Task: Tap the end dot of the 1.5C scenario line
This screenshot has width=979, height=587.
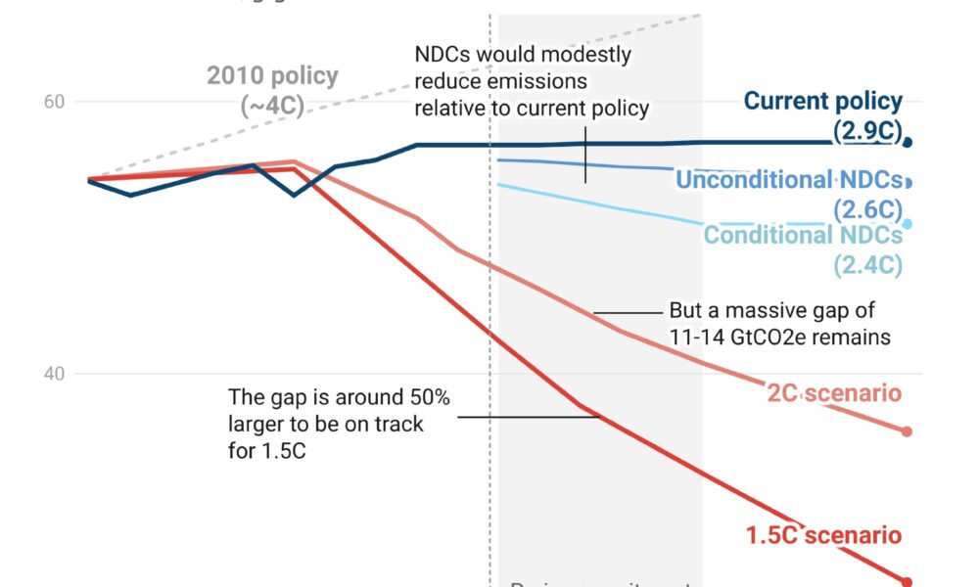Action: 907,581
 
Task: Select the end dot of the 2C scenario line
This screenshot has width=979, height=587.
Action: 907,431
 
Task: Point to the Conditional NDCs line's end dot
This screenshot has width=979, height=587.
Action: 908,224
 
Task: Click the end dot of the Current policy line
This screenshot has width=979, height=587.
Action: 908,142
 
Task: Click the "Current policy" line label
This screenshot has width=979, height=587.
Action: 823,101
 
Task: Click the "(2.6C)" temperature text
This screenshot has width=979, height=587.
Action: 867,209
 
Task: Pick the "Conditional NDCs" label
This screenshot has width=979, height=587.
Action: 803,236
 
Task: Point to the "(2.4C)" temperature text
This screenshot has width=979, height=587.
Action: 867,264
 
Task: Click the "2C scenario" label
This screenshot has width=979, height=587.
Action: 834,393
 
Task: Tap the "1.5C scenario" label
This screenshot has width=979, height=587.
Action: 823,535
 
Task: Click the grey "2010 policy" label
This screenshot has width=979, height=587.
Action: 272,75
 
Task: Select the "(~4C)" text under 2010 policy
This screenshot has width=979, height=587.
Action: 272,106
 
